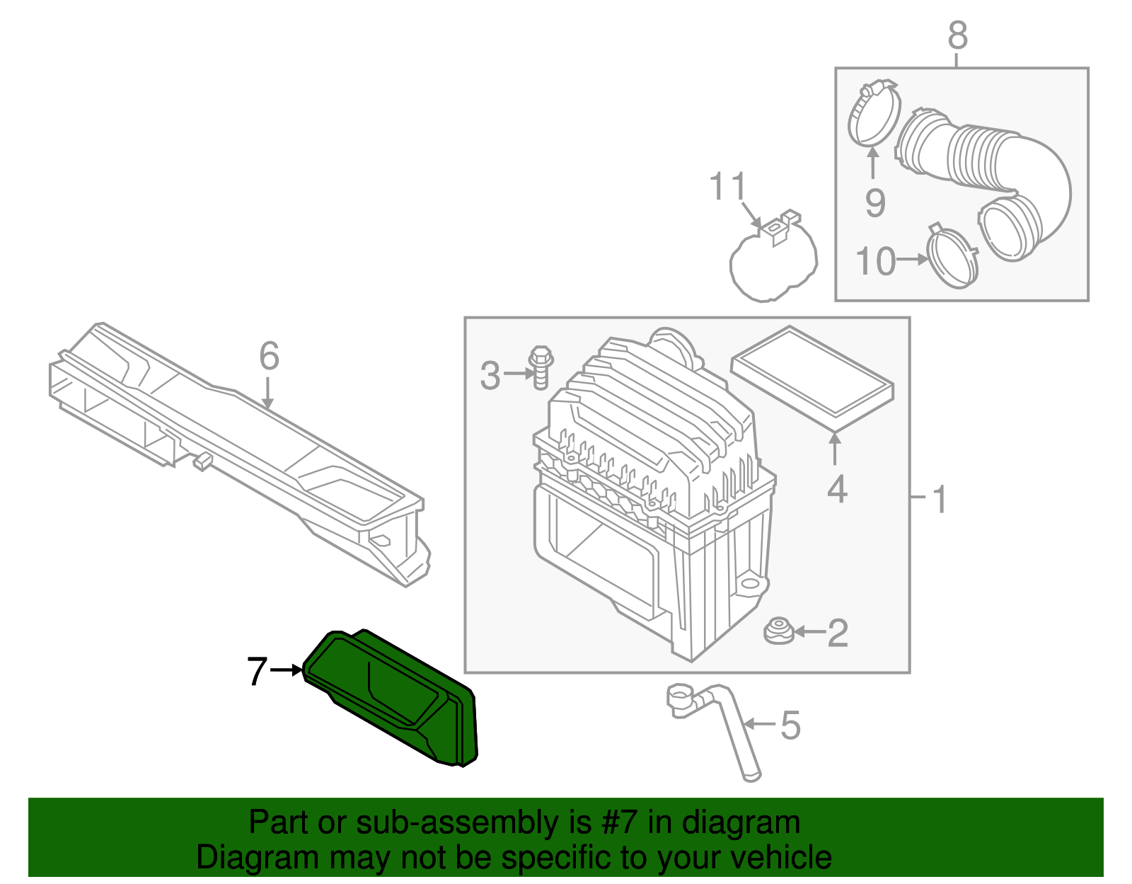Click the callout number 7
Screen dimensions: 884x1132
(x=257, y=671)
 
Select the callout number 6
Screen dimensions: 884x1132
(x=269, y=356)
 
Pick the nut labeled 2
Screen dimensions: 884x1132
(x=779, y=631)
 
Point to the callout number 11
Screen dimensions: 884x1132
(x=728, y=187)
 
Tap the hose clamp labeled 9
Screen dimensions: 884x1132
(x=874, y=113)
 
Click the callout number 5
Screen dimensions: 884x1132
(x=790, y=725)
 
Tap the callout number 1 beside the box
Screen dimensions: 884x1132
(x=940, y=500)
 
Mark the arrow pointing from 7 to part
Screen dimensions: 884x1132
(x=287, y=670)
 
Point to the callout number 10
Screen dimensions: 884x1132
(x=876, y=261)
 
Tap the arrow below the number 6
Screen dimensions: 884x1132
(x=267, y=393)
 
